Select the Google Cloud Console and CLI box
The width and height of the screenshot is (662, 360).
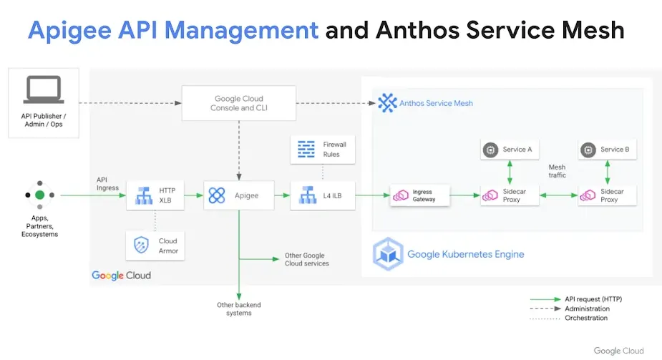239,103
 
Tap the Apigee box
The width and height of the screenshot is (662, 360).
239,195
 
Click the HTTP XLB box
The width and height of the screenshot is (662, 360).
155,195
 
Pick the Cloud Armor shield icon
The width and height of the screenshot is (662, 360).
141,246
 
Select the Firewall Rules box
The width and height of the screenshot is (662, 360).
322,149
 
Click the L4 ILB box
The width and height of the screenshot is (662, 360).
322,195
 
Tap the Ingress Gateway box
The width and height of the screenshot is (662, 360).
421,195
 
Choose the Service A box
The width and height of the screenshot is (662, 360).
509,150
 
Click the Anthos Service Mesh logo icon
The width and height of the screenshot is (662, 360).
387,103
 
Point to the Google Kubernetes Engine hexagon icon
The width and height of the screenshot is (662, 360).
387,254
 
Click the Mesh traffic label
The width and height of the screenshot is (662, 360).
558,171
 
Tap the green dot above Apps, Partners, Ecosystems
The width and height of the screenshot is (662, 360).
40,195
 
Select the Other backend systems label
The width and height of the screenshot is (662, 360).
239,308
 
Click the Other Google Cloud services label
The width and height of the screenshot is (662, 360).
306,259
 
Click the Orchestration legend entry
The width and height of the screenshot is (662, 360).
586,318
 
